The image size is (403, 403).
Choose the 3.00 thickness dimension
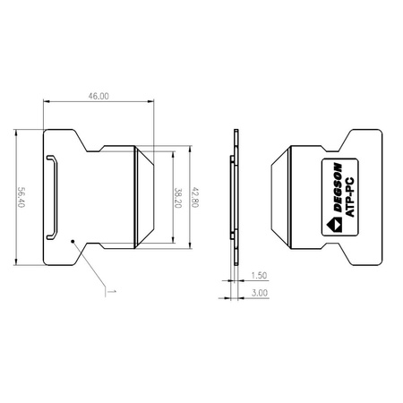coord(260,292)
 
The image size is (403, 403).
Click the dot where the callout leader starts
coord(72,241)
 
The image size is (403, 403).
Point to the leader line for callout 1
coord(90,265)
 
